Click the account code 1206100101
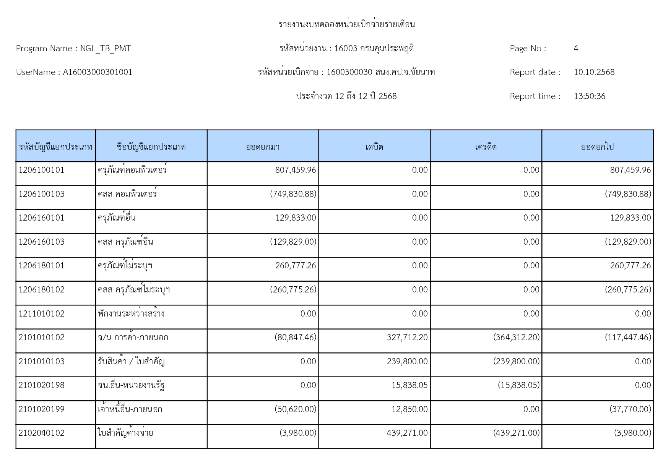point(41,170)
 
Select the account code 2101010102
point(41,338)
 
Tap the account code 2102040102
point(41,433)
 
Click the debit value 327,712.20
point(407,338)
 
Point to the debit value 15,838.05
point(409,385)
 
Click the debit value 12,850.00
point(409,409)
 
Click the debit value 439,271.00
point(407,433)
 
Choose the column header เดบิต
point(374,147)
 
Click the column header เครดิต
point(486,147)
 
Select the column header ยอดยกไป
point(597,147)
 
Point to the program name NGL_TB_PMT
point(106,49)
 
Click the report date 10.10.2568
point(594,72)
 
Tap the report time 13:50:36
point(590,96)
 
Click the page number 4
point(576,49)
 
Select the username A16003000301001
point(97,72)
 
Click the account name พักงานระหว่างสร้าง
point(131,314)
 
